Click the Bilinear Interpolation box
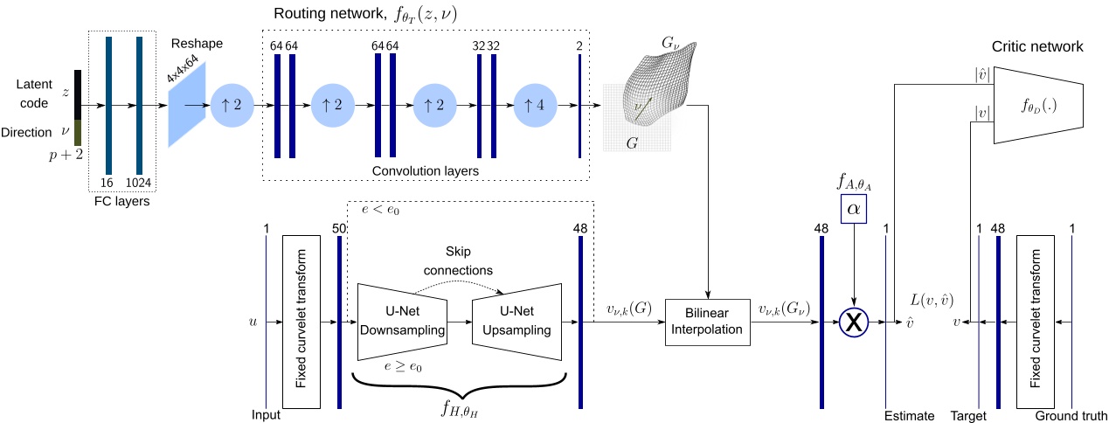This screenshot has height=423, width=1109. point(708,322)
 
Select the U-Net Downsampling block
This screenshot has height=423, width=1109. point(402,322)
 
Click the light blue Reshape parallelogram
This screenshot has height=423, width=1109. point(187,105)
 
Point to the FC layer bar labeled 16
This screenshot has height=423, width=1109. point(108,105)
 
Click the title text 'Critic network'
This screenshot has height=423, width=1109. point(1037,46)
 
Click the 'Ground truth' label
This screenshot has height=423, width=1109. point(1071,416)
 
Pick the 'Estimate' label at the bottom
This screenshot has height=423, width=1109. point(909,416)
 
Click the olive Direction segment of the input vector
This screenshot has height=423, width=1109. point(78,132)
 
